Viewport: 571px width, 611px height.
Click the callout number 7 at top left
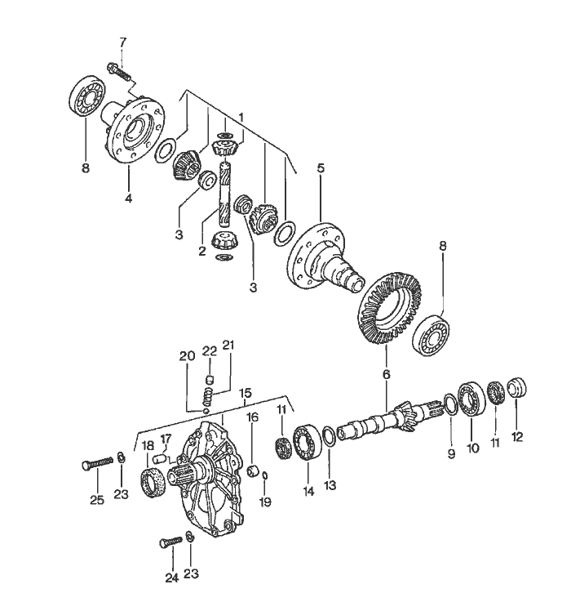point(123,42)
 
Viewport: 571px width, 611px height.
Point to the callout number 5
point(321,168)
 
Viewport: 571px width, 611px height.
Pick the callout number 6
point(387,373)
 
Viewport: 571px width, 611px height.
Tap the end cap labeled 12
point(517,386)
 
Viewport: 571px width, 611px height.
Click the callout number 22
point(209,351)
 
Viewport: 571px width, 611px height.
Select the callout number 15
point(246,394)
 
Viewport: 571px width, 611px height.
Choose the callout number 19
point(265,500)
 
